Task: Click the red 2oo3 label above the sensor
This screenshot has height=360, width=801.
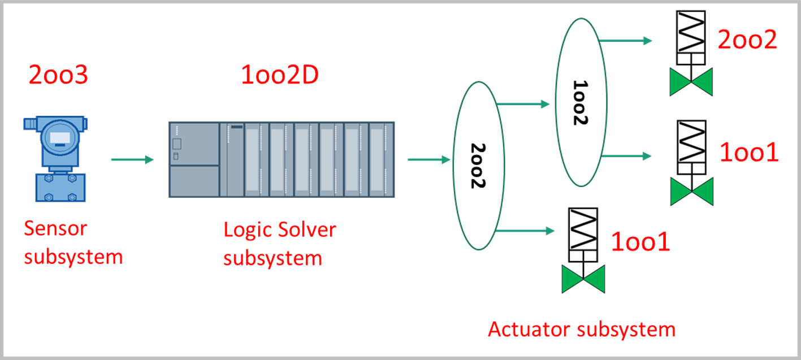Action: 58,75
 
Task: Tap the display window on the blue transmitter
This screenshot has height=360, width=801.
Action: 58,136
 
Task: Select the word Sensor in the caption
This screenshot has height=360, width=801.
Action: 55,229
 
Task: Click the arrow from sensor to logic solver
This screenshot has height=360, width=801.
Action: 132,160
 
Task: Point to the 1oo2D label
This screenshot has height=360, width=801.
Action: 279,75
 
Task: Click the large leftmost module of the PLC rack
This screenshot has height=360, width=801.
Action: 194,159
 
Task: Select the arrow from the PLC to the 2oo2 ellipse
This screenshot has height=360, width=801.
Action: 428,160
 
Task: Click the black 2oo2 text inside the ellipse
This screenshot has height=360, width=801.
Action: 478,166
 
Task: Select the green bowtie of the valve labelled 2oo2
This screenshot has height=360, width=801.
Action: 691,81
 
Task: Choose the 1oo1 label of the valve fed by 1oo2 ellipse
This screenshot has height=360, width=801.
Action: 749,153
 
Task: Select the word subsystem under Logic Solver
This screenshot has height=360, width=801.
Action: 272,258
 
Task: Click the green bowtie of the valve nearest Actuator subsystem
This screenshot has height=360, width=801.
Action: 583,280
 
